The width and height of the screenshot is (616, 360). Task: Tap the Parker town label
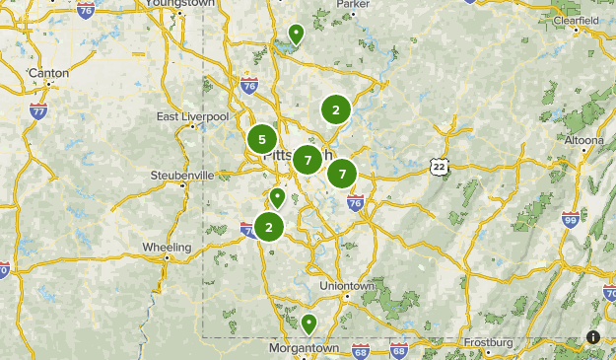tap(352, 4)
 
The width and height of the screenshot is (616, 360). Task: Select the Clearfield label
tap(577, 20)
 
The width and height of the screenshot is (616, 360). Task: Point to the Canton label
tap(48, 73)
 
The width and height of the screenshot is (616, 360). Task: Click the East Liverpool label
tap(192, 116)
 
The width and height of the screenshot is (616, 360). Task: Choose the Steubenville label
tap(181, 175)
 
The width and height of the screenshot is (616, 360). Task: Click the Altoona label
tap(584, 140)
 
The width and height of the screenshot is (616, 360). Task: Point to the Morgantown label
tap(304, 348)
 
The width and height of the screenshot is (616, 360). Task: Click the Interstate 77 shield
tap(38, 110)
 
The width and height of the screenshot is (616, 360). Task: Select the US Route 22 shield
tap(439, 167)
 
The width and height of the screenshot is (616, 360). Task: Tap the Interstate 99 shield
tap(571, 221)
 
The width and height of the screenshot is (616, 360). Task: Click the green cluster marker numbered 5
tap(262, 139)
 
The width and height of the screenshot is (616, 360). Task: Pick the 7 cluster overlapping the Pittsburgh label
tap(308, 159)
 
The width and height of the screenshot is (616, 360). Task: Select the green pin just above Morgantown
tap(308, 323)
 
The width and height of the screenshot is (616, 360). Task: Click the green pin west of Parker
tap(295, 35)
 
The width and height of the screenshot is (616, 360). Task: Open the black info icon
tap(593, 337)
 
